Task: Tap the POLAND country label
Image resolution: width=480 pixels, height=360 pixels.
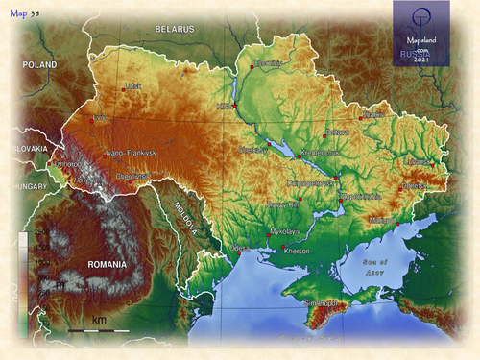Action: (40, 65)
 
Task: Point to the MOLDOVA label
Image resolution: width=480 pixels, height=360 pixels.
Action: (184, 220)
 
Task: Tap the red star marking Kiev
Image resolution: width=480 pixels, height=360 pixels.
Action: (233, 105)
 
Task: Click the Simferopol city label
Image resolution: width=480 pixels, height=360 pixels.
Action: (321, 303)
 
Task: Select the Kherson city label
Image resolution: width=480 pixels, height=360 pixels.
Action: (300, 251)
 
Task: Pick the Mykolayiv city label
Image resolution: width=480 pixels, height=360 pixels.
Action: (286, 232)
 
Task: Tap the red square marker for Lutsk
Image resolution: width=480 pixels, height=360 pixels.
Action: (124, 88)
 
